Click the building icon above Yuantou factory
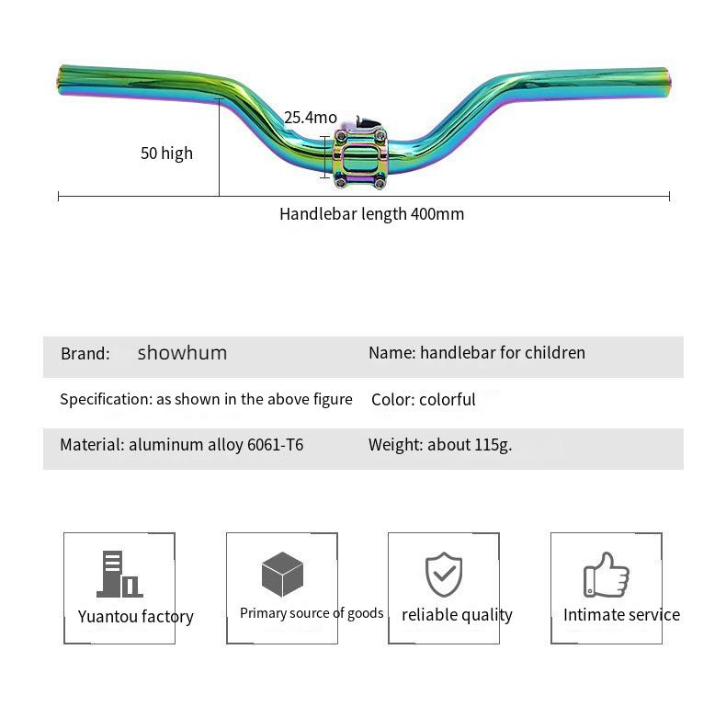tap(119, 574)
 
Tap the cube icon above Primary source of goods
tap(282, 574)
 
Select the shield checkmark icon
tap(444, 574)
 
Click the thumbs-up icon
tap(607, 575)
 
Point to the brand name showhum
tap(182, 353)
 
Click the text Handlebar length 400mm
tap(372, 214)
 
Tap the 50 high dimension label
tap(166, 154)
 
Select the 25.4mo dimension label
tap(311, 118)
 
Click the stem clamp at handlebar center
tap(360, 157)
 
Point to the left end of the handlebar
tap(60, 80)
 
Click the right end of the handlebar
tap(668, 83)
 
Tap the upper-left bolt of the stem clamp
tap(341, 136)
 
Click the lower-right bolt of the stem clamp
tap(380, 183)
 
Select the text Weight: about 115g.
tap(440, 445)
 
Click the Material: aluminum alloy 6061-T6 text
tap(182, 445)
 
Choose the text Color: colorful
tap(423, 399)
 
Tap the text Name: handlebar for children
tap(477, 353)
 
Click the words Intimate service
tap(622, 615)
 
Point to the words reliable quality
tap(457, 615)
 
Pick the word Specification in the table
tap(106, 399)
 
